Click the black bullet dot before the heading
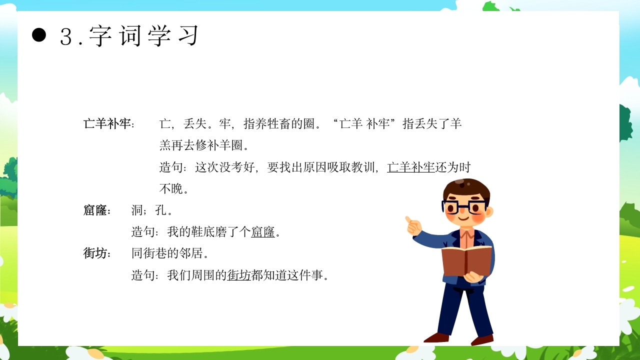point(39,35)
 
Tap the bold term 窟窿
point(95,210)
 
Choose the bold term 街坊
point(95,253)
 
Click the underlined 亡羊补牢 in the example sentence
point(411,167)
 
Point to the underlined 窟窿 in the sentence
point(263,232)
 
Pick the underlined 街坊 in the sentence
point(239,275)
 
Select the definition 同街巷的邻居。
point(169,253)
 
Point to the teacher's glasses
point(464,206)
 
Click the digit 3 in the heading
point(66,36)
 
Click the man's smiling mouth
point(464,218)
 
